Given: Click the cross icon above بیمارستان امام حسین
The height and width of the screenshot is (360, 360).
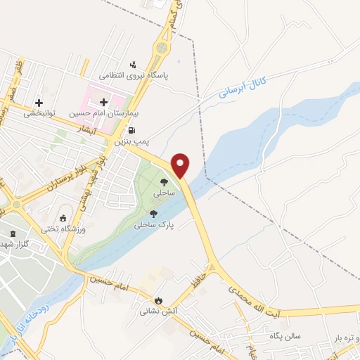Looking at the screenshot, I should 104,102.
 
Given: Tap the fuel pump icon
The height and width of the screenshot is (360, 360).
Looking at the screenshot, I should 131,131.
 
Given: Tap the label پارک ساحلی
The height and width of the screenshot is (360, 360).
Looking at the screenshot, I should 155,225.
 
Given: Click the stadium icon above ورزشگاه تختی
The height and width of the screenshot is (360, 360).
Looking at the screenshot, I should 64,218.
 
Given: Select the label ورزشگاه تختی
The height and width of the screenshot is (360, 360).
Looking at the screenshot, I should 63,229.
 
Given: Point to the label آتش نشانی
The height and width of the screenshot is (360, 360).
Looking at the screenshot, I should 152,310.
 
